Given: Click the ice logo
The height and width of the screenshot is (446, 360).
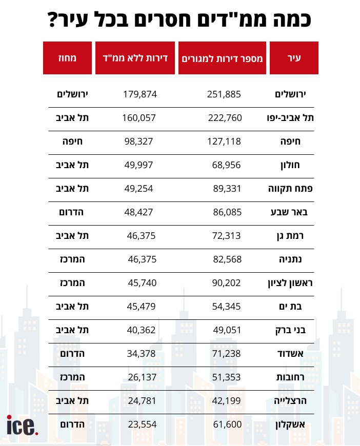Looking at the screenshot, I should pyautogui.click(x=23, y=425).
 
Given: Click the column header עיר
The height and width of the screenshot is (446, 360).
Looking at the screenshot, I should pyautogui.click(x=294, y=58).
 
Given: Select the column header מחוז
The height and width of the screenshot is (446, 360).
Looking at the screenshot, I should pyautogui.click(x=67, y=58).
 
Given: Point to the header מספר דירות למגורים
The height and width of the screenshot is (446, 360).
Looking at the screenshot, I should pyautogui.click(x=222, y=58).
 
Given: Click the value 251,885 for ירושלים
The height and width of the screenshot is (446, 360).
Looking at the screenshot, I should pyautogui.click(x=224, y=94).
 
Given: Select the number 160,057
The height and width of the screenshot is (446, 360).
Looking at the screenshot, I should pyautogui.click(x=139, y=117).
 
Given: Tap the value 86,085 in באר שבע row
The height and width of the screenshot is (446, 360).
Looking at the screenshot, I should pyautogui.click(x=227, y=212).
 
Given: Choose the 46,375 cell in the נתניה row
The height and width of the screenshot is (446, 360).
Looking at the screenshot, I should pyautogui.click(x=142, y=259).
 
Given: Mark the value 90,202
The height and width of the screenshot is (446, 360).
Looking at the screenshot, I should pyautogui.click(x=227, y=283).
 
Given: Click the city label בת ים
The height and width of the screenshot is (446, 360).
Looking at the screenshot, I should pyautogui.click(x=294, y=307).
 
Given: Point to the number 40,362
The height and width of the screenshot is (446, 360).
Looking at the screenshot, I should pyautogui.click(x=141, y=330).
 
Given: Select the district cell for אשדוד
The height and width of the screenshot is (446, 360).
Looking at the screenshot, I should pyautogui.click(x=74, y=354).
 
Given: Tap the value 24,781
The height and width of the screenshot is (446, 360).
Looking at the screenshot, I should pyautogui.click(x=141, y=401).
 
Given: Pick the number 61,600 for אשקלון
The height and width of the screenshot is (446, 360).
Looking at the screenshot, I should pyautogui.click(x=227, y=424).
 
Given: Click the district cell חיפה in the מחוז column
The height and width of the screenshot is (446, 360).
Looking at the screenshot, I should pyautogui.click(x=74, y=141).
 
